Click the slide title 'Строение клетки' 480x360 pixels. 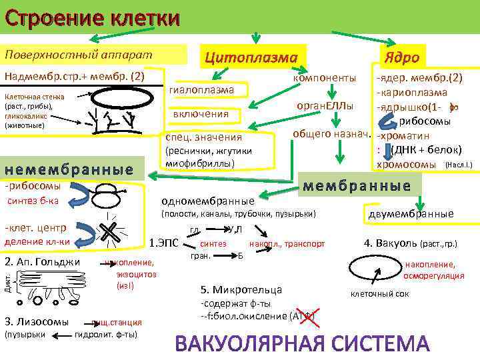(91, 17)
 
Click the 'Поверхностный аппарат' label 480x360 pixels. (79, 53)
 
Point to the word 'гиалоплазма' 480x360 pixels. (202, 89)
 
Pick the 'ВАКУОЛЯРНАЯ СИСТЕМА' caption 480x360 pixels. (303, 343)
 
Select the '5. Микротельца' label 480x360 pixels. (241, 289)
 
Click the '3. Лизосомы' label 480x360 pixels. (37, 321)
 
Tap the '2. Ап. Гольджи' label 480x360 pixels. (42, 261)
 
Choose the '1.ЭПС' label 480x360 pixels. (163, 243)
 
